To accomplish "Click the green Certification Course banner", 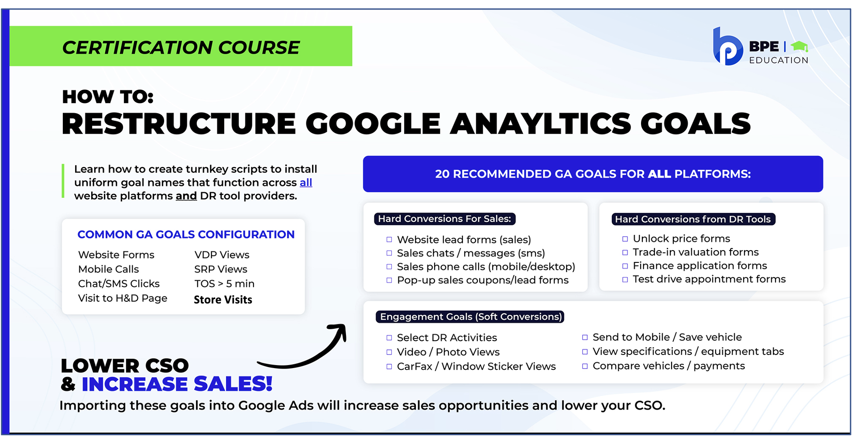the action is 181,46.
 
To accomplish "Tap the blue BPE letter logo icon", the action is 727,47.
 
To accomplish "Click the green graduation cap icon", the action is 799,46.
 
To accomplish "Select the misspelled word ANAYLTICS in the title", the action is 541,124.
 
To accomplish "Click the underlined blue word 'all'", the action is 306,183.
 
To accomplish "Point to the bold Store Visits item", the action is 223,300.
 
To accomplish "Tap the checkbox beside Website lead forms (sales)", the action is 389,240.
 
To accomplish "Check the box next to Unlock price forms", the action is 625,239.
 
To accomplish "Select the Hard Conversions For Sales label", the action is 445,219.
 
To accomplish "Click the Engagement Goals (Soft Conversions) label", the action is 470,317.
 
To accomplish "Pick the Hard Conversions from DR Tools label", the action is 693,219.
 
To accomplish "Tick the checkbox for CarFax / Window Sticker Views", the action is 389,367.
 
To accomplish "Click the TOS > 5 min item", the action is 224,284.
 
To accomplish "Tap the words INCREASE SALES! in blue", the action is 177,384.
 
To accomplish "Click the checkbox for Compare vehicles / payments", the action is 585,366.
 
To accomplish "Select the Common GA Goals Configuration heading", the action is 186,234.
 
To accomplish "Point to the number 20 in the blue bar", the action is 442,174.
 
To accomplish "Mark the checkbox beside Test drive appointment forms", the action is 625,279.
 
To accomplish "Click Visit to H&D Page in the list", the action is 123,298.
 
